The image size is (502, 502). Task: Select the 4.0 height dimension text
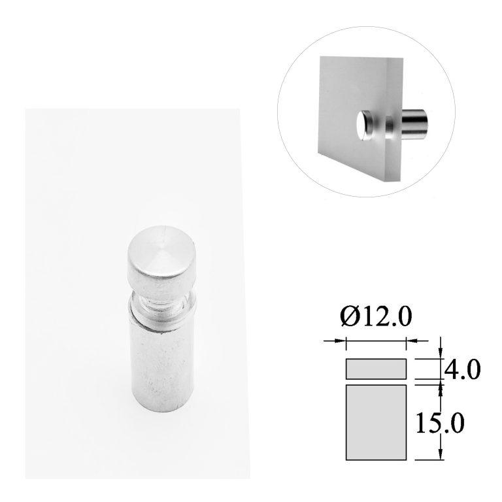click(462, 370)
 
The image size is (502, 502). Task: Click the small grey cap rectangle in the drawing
click(376, 369)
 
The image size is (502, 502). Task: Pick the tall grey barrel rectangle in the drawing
click(376, 421)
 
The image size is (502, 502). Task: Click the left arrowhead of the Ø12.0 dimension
click(341, 340)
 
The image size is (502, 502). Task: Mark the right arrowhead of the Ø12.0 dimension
click(411, 340)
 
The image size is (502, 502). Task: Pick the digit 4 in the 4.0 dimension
click(452, 370)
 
